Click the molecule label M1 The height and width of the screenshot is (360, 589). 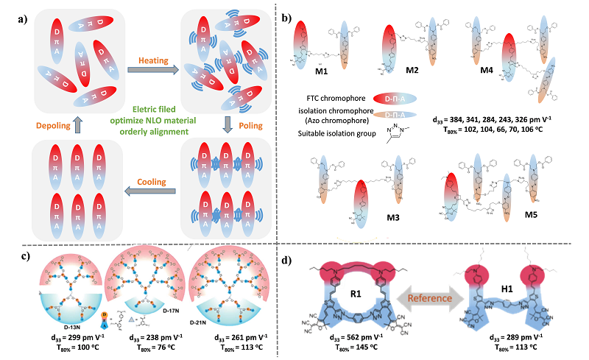click(x=321, y=80)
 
